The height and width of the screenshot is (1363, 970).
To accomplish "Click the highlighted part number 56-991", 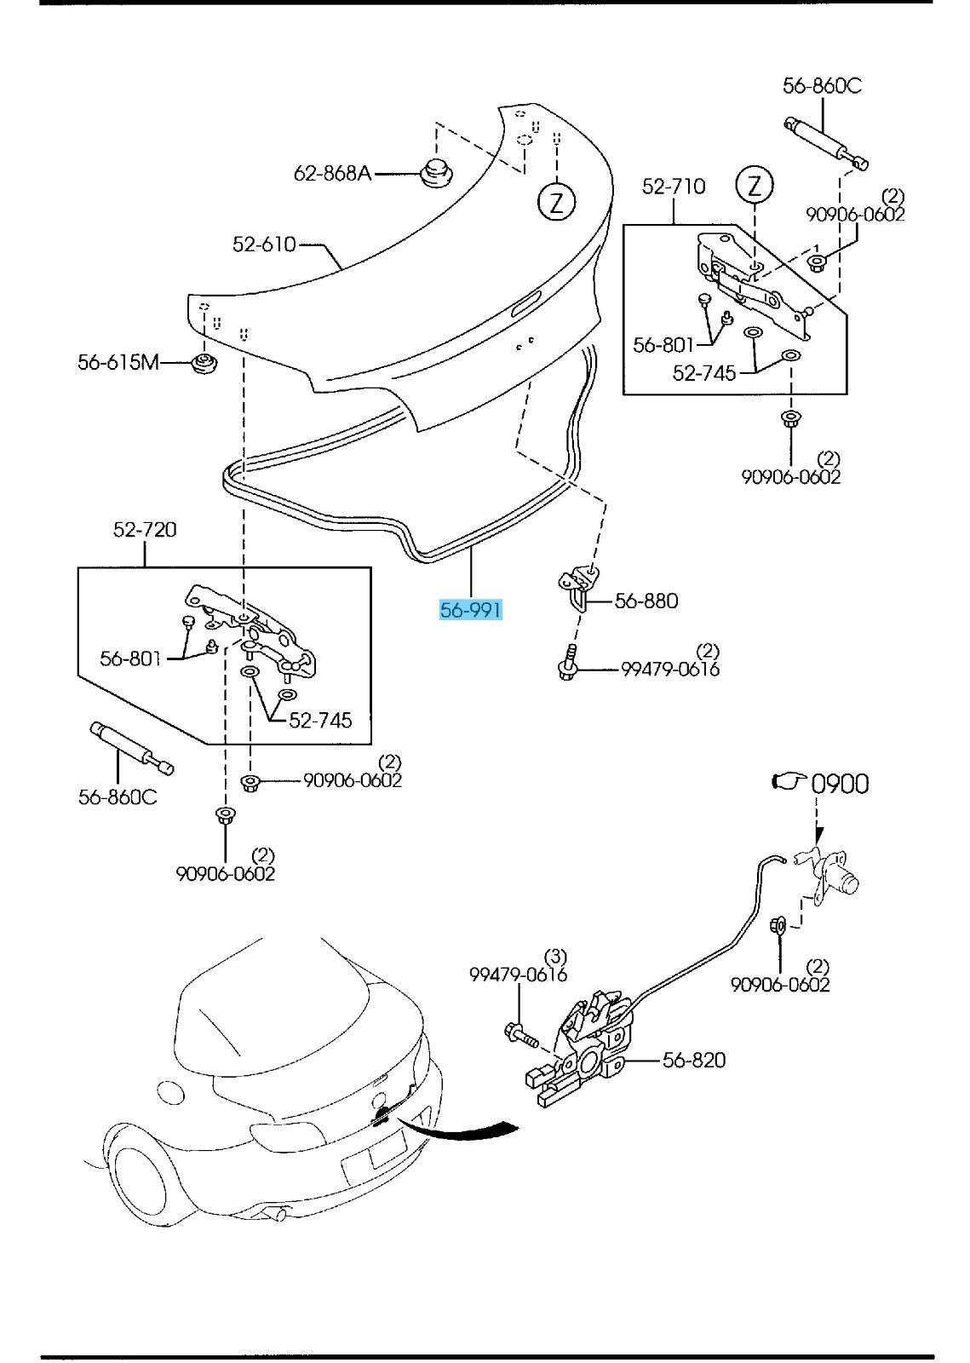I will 470,610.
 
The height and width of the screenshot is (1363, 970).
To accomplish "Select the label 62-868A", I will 332,174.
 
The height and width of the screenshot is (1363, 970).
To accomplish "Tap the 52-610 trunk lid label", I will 264,244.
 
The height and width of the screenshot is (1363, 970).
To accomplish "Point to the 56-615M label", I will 118,362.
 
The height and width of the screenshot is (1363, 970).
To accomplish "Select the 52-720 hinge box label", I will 145,530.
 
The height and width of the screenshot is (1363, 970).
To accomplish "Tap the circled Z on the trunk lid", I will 556,202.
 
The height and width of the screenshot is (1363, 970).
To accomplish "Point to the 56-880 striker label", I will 646,601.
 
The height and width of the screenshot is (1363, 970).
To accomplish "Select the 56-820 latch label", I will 694,1060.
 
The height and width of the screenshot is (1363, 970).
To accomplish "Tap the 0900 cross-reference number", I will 840,784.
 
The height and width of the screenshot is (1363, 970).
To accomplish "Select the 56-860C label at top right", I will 822,86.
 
